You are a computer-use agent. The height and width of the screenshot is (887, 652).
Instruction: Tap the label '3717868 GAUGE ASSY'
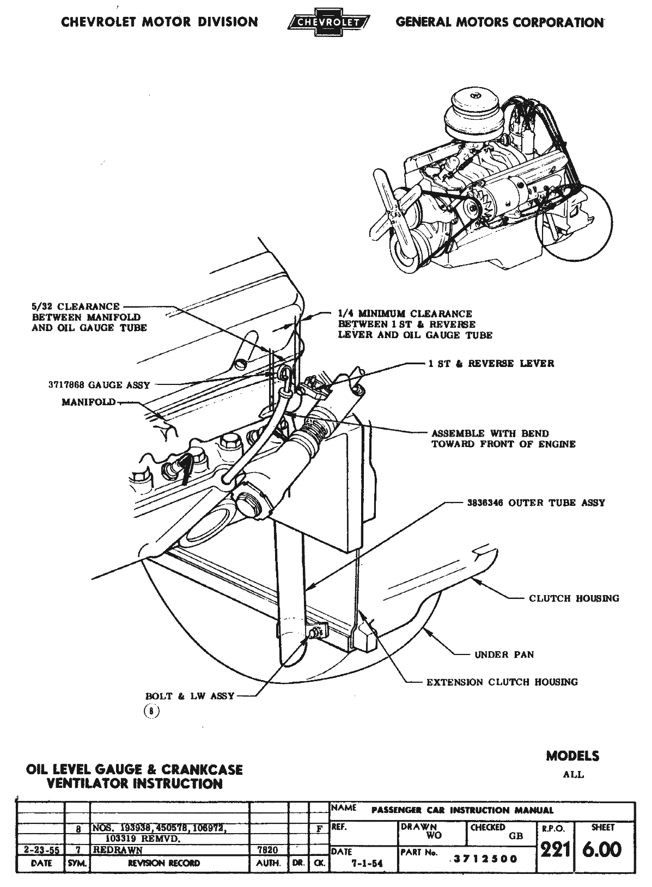[99, 385]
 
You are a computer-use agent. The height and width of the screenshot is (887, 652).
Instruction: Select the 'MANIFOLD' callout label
[89, 402]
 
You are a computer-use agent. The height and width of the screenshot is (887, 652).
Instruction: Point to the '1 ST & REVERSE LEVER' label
[491, 363]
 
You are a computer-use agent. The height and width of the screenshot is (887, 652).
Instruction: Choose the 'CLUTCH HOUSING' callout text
[574, 598]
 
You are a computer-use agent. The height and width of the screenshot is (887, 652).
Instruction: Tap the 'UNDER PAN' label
[504, 654]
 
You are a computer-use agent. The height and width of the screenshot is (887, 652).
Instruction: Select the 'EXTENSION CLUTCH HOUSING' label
[502, 682]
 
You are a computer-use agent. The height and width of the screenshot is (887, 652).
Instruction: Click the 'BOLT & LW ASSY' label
[190, 696]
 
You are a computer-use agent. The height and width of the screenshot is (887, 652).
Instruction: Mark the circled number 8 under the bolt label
[151, 711]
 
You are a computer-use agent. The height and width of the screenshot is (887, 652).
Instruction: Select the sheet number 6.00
[602, 849]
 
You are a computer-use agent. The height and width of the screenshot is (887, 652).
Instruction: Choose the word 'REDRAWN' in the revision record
[118, 849]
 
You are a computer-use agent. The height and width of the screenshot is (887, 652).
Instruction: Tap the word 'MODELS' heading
[572, 756]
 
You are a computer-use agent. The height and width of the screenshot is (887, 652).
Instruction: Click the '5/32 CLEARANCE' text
[75, 306]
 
